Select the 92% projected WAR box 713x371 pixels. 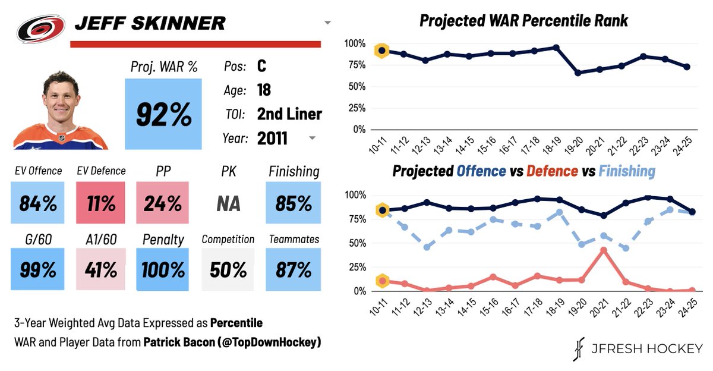click(x=163, y=114)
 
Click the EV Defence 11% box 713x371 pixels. click(x=101, y=203)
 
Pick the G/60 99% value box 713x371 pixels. click(x=37, y=269)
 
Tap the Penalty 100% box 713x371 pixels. click(x=162, y=269)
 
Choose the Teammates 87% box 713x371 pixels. click(x=294, y=269)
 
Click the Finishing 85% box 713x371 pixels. click(x=294, y=203)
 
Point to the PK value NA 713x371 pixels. click(x=228, y=203)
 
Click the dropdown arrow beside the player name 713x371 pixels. click(x=327, y=23)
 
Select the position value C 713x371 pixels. click(x=262, y=66)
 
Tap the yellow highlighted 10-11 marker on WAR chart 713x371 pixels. click(x=383, y=51)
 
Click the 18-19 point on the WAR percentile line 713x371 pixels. click(x=556, y=48)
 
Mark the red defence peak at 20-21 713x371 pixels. click(x=603, y=250)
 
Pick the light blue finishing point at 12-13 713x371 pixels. click(x=426, y=247)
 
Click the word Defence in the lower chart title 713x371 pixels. click(x=552, y=171)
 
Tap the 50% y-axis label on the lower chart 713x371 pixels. click(x=358, y=243)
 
